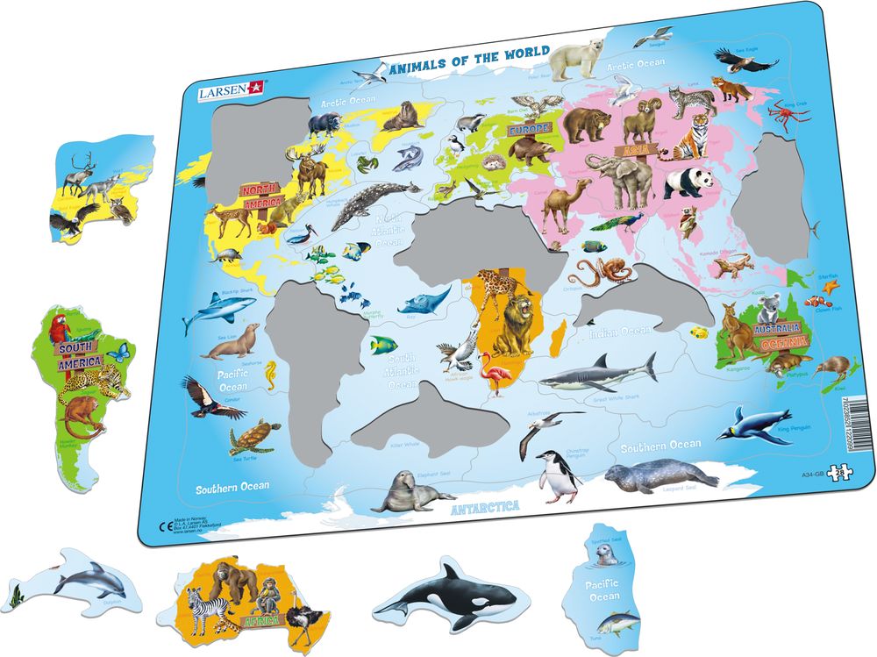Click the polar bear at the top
(573, 58)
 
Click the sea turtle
(255, 435)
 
